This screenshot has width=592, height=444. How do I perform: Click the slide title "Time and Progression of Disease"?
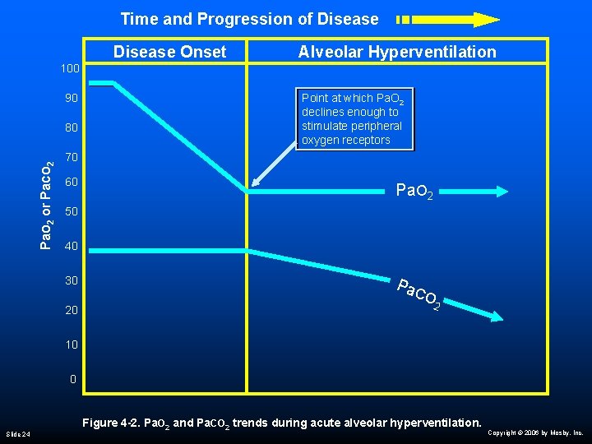coord(249,19)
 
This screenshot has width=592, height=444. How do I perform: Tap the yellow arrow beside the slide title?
coord(448,19)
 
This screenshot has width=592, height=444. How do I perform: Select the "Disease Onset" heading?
coord(169,52)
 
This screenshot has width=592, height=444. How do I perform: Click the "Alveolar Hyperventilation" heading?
coord(397,52)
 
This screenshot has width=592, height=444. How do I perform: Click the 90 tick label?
coord(72,98)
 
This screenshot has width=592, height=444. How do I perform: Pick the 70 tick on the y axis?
coord(72,156)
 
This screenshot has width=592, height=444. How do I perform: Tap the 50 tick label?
coord(72,212)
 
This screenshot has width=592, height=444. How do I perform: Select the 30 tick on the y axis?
coord(72,280)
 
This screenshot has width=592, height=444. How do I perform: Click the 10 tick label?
coord(72,345)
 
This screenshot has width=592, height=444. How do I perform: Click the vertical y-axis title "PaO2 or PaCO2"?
coord(49,205)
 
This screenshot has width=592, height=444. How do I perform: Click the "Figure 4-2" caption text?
coord(281,423)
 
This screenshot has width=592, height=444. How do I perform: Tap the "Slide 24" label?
coord(18,433)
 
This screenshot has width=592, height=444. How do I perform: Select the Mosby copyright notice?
coord(535,432)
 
